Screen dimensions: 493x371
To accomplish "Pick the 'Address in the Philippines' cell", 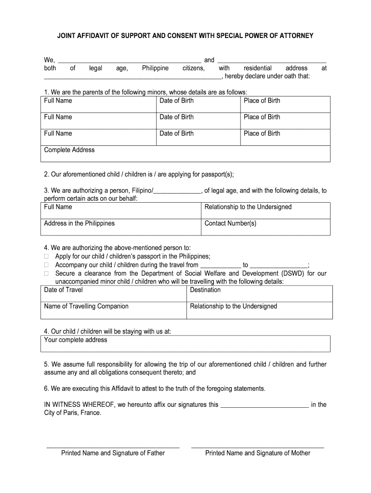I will pyautogui.click(x=120, y=227).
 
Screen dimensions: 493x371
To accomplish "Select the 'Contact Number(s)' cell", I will pyautogui.click(x=265, y=227).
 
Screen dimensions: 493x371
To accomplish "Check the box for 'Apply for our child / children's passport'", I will pyautogui.click(x=47, y=257).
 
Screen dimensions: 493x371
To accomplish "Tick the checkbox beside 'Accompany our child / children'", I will pyautogui.click(x=47, y=265).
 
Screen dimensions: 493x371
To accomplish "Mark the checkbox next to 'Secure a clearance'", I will pyautogui.click(x=47, y=274).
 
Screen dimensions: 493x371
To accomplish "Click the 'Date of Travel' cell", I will pyautogui.click(x=114, y=293).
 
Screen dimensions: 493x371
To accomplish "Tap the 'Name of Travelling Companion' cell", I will pyautogui.click(x=114, y=310).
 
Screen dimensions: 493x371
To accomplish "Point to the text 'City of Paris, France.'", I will pyautogui.click(x=73, y=413).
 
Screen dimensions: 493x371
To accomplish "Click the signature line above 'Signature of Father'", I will pyautogui.click(x=113, y=446).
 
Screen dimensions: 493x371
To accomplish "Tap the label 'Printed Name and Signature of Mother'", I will pyautogui.click(x=258, y=453).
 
